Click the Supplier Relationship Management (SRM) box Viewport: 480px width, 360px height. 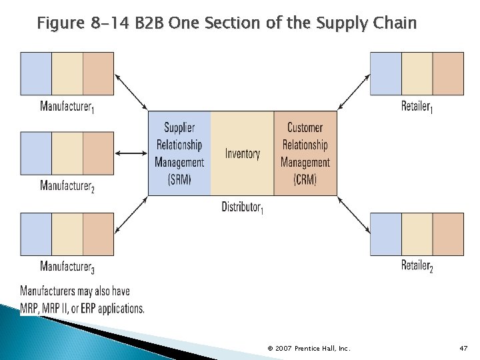[x=179, y=153]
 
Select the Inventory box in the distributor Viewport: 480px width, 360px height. [x=242, y=153]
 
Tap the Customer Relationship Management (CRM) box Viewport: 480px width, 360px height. [x=305, y=153]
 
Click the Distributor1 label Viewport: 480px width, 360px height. [x=242, y=207]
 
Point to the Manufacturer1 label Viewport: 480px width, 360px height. [x=67, y=107]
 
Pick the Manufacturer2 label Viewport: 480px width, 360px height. [x=67, y=186]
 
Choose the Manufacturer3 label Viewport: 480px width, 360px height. [x=67, y=267]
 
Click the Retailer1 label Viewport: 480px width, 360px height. [x=417, y=106]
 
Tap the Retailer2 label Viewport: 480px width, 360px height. [x=417, y=266]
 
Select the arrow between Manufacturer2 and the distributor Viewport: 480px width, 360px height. [x=131, y=153]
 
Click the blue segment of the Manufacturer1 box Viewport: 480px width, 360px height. [x=36, y=73]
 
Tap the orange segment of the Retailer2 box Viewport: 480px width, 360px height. [x=448, y=234]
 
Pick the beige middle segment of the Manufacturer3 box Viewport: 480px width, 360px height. [x=67, y=234]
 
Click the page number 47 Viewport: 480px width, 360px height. [x=464, y=349]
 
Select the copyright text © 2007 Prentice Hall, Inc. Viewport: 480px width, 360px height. [x=309, y=349]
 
